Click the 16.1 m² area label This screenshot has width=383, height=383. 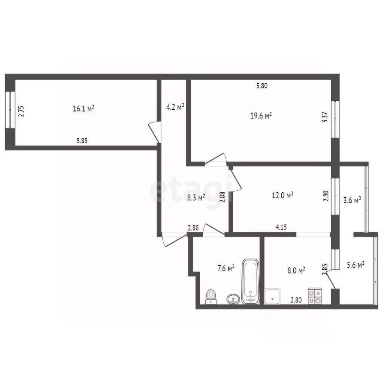[x=83, y=109]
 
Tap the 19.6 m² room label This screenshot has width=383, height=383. [x=261, y=116]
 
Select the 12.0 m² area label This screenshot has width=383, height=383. [x=282, y=195]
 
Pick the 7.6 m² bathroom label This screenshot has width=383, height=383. [x=225, y=268]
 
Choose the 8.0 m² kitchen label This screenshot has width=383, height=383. [x=296, y=270]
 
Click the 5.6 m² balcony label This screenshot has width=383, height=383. [x=355, y=265]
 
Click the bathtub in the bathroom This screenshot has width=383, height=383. [x=251, y=282]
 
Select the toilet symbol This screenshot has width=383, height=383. [x=211, y=297]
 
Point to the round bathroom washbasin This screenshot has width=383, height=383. [x=233, y=299]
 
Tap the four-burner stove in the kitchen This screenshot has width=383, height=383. [x=315, y=296]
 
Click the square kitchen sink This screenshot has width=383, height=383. [x=272, y=296]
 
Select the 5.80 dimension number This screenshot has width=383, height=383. [x=263, y=85]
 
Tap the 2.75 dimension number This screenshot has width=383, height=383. [x=22, y=110]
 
